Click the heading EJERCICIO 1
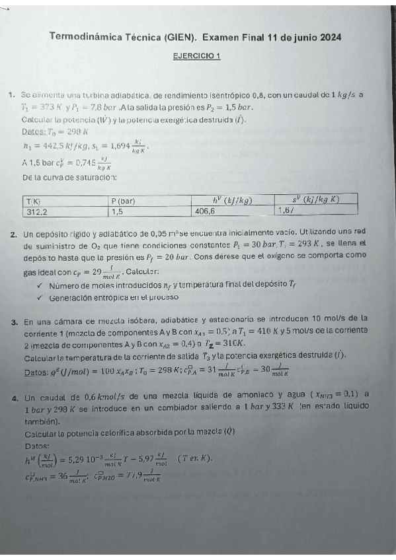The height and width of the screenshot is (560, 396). (x=196, y=57)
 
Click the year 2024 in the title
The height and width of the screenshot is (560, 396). (x=329, y=38)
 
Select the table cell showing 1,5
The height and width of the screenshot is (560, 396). (x=118, y=211)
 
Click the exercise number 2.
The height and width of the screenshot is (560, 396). (x=14, y=234)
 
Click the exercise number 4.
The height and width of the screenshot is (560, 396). (x=14, y=398)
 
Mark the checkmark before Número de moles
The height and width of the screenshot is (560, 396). (x=40, y=285)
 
